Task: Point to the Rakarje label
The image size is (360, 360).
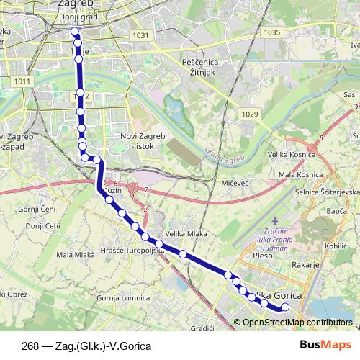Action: (x=305, y=265)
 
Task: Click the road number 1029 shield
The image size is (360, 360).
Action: (x=250, y=114)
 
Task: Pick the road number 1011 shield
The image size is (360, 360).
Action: (x=22, y=81)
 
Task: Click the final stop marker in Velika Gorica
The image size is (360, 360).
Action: (x=284, y=307)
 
